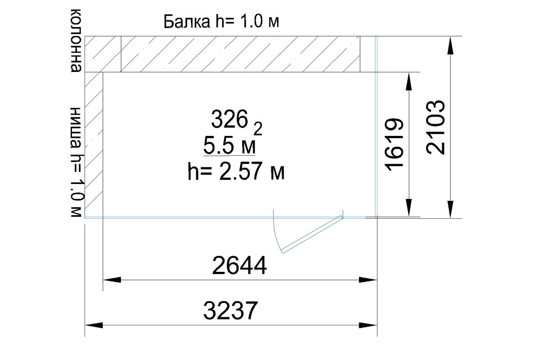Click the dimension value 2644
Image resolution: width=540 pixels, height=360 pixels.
click(x=239, y=265)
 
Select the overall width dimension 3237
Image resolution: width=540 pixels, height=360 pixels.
click(x=231, y=310)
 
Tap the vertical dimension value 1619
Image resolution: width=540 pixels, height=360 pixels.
click(x=395, y=145)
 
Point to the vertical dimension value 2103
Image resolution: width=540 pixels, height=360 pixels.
click(x=436, y=127)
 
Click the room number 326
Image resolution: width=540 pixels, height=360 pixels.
click(x=229, y=119)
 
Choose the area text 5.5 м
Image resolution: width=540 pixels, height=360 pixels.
click(x=229, y=146)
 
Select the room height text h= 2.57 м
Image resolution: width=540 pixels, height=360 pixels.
click(x=236, y=171)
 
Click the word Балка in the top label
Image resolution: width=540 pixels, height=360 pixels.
click(x=187, y=22)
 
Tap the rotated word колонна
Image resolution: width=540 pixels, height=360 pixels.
click(x=76, y=40)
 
